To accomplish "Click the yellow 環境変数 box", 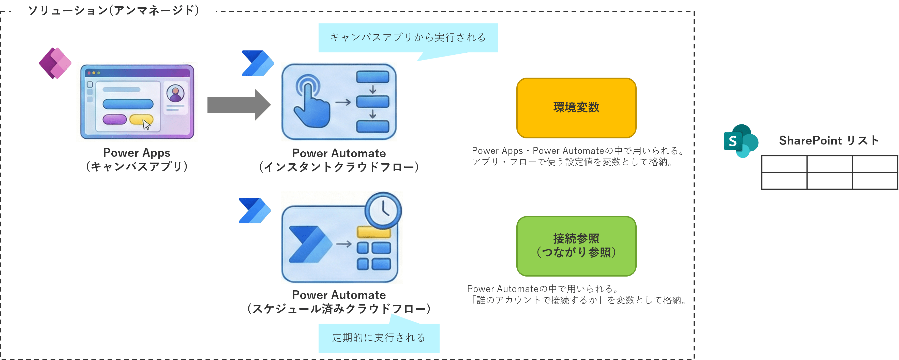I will (576, 108).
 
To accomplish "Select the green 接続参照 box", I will (576, 246).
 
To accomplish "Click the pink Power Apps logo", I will (55, 63).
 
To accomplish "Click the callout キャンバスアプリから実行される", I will (408, 37).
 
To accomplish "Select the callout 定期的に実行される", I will (379, 337).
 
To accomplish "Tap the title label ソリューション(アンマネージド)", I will (113, 10).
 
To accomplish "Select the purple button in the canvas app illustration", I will (114, 119).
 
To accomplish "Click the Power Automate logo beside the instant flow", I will (258, 63).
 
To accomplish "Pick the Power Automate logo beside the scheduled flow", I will (254, 211).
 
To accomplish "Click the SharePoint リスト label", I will (829, 140).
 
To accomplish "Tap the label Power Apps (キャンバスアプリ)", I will (137, 160).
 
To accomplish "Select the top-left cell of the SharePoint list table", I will (784, 164).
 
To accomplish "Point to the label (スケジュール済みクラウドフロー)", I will (338, 309).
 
